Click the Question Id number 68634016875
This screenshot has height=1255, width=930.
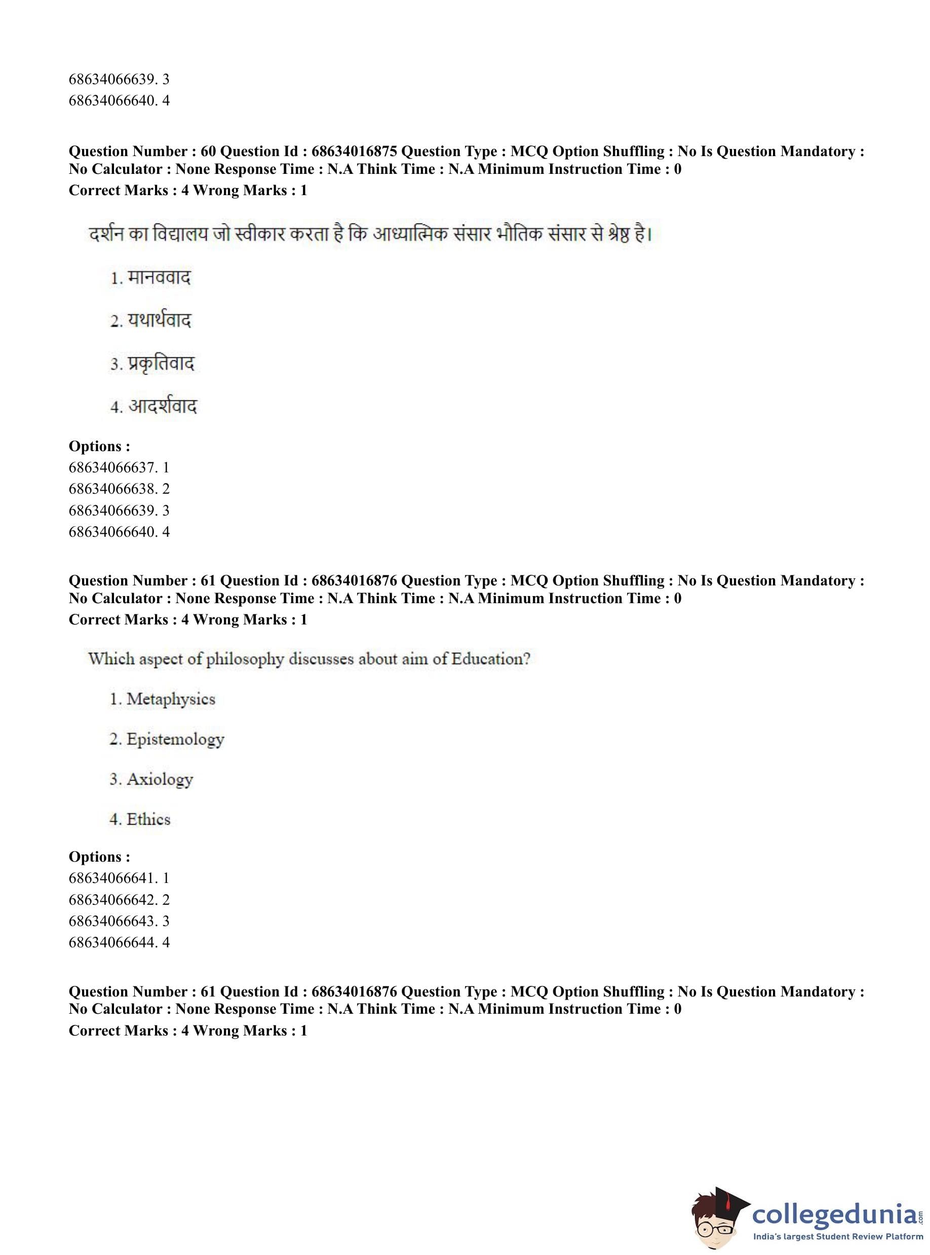pos(354,152)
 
